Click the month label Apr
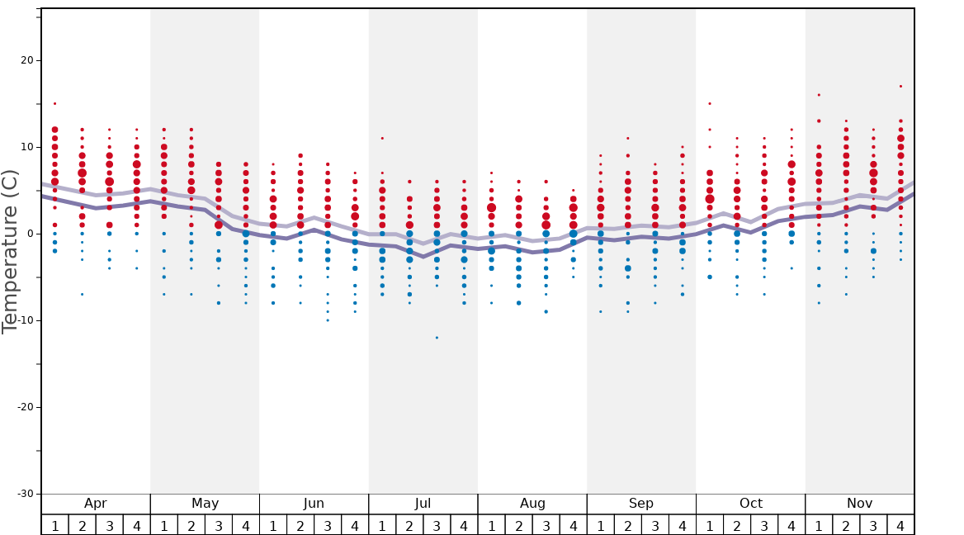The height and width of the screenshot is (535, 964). click(x=96, y=504)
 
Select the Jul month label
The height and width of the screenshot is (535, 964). click(x=423, y=504)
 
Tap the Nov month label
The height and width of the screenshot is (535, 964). click(x=859, y=504)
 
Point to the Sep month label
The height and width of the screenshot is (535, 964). click(x=641, y=504)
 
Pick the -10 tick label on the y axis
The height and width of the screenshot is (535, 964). click(x=25, y=320)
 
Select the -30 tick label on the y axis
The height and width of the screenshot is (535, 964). click(x=25, y=494)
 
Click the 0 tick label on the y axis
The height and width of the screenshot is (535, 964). click(x=31, y=234)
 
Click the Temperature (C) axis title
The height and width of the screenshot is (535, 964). click(x=10, y=251)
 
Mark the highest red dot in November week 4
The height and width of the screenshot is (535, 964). click(x=900, y=86)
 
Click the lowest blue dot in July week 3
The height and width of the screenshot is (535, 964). click(x=437, y=338)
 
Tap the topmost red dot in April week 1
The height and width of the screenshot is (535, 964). click(x=54, y=103)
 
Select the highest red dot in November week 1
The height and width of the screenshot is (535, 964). click(x=819, y=95)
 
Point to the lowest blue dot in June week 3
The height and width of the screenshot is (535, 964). click(x=328, y=320)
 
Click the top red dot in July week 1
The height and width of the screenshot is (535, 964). click(x=382, y=138)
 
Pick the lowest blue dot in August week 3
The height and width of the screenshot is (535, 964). click(x=546, y=311)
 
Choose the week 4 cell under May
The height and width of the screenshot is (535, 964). click(x=246, y=525)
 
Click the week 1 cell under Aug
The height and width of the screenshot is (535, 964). click(x=491, y=525)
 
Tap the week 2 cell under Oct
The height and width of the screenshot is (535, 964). click(x=737, y=525)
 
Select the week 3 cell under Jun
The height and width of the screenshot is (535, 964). click(x=328, y=525)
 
